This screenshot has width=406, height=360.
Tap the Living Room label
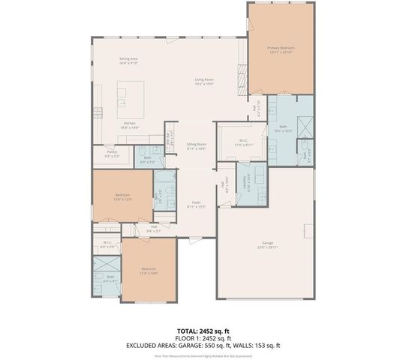point(205,81)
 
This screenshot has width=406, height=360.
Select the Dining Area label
point(128,60)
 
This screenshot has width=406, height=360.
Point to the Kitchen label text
point(129,125)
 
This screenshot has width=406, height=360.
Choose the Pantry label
point(112,154)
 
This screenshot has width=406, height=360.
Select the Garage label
point(268,244)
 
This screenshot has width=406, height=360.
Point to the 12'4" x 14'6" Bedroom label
point(149,271)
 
